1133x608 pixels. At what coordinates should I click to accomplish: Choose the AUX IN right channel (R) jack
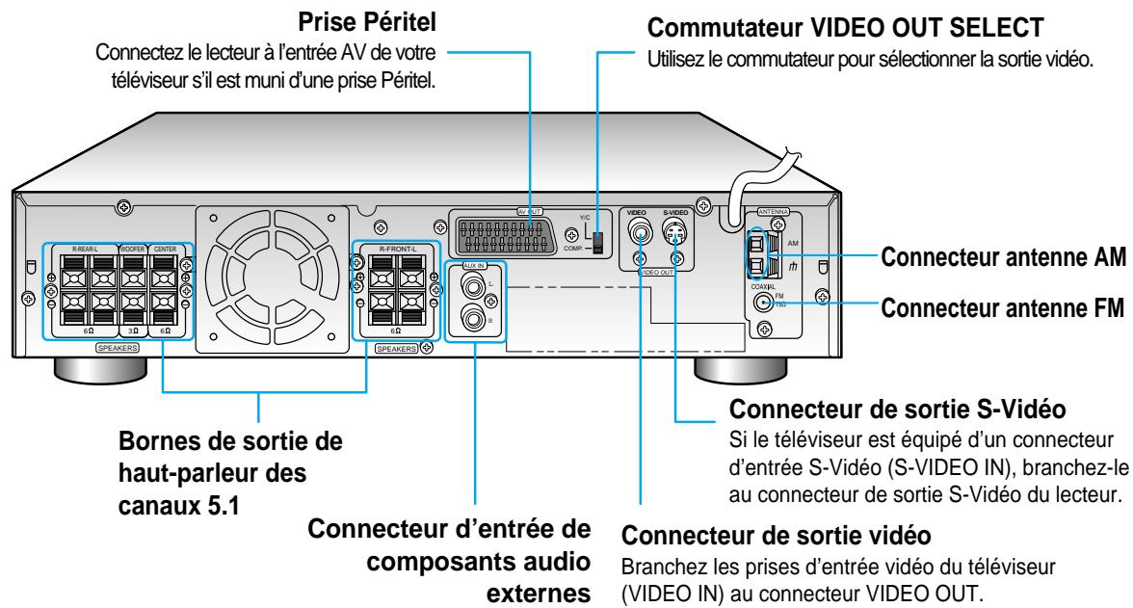pyautogui.click(x=473, y=316)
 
